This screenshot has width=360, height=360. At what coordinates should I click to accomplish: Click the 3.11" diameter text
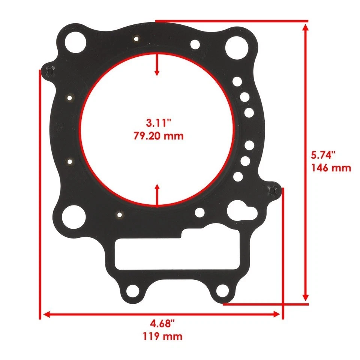point(159,123)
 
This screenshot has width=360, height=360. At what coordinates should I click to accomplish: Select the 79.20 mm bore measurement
point(159,135)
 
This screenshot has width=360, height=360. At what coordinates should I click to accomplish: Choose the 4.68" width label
point(162,323)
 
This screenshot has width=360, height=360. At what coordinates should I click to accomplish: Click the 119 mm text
point(162,336)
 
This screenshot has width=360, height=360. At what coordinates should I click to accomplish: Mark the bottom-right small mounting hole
point(222,289)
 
